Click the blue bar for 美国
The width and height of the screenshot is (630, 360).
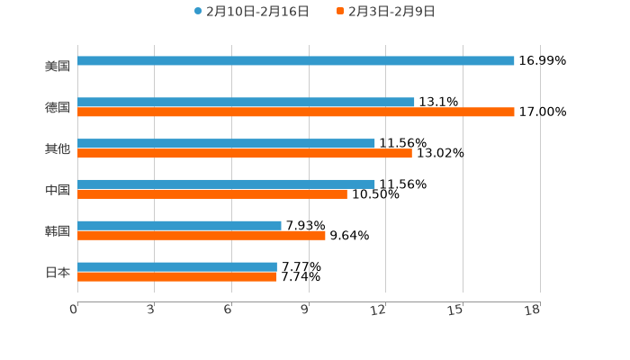tap(296, 61)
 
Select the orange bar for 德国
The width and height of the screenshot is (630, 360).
tap(296, 112)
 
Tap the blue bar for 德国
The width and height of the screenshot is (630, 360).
tap(246, 103)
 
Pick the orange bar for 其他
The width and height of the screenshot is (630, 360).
tap(245, 154)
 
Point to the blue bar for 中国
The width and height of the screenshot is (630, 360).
tap(226, 184)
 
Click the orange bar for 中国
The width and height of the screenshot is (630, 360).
tap(212, 194)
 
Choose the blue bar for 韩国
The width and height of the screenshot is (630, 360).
tap(179, 225)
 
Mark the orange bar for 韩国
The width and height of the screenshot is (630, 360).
tap(202, 236)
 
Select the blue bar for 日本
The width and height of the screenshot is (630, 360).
tap(177, 266)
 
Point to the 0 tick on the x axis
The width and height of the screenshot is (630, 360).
tap(74, 310)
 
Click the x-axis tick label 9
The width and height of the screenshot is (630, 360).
tap(305, 310)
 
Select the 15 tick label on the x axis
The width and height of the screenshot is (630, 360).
tap(456, 310)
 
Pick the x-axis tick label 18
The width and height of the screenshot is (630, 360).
tap(533, 310)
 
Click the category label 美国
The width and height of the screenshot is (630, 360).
tap(58, 67)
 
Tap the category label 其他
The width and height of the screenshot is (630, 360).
tap(58, 148)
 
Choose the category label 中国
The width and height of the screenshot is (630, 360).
tap(58, 190)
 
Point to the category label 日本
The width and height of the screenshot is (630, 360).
tap(58, 272)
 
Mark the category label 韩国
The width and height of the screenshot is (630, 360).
tap(58, 231)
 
